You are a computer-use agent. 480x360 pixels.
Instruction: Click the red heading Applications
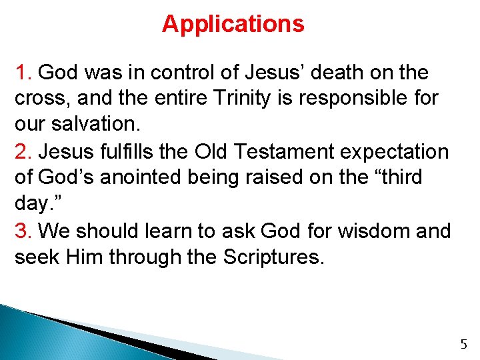[x=233, y=25]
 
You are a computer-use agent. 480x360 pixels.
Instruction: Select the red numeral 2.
[x=23, y=152]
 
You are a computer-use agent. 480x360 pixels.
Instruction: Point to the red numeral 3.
[x=23, y=231]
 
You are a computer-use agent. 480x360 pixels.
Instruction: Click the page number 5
[x=464, y=345]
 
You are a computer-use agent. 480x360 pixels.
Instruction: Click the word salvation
[x=96, y=125]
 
